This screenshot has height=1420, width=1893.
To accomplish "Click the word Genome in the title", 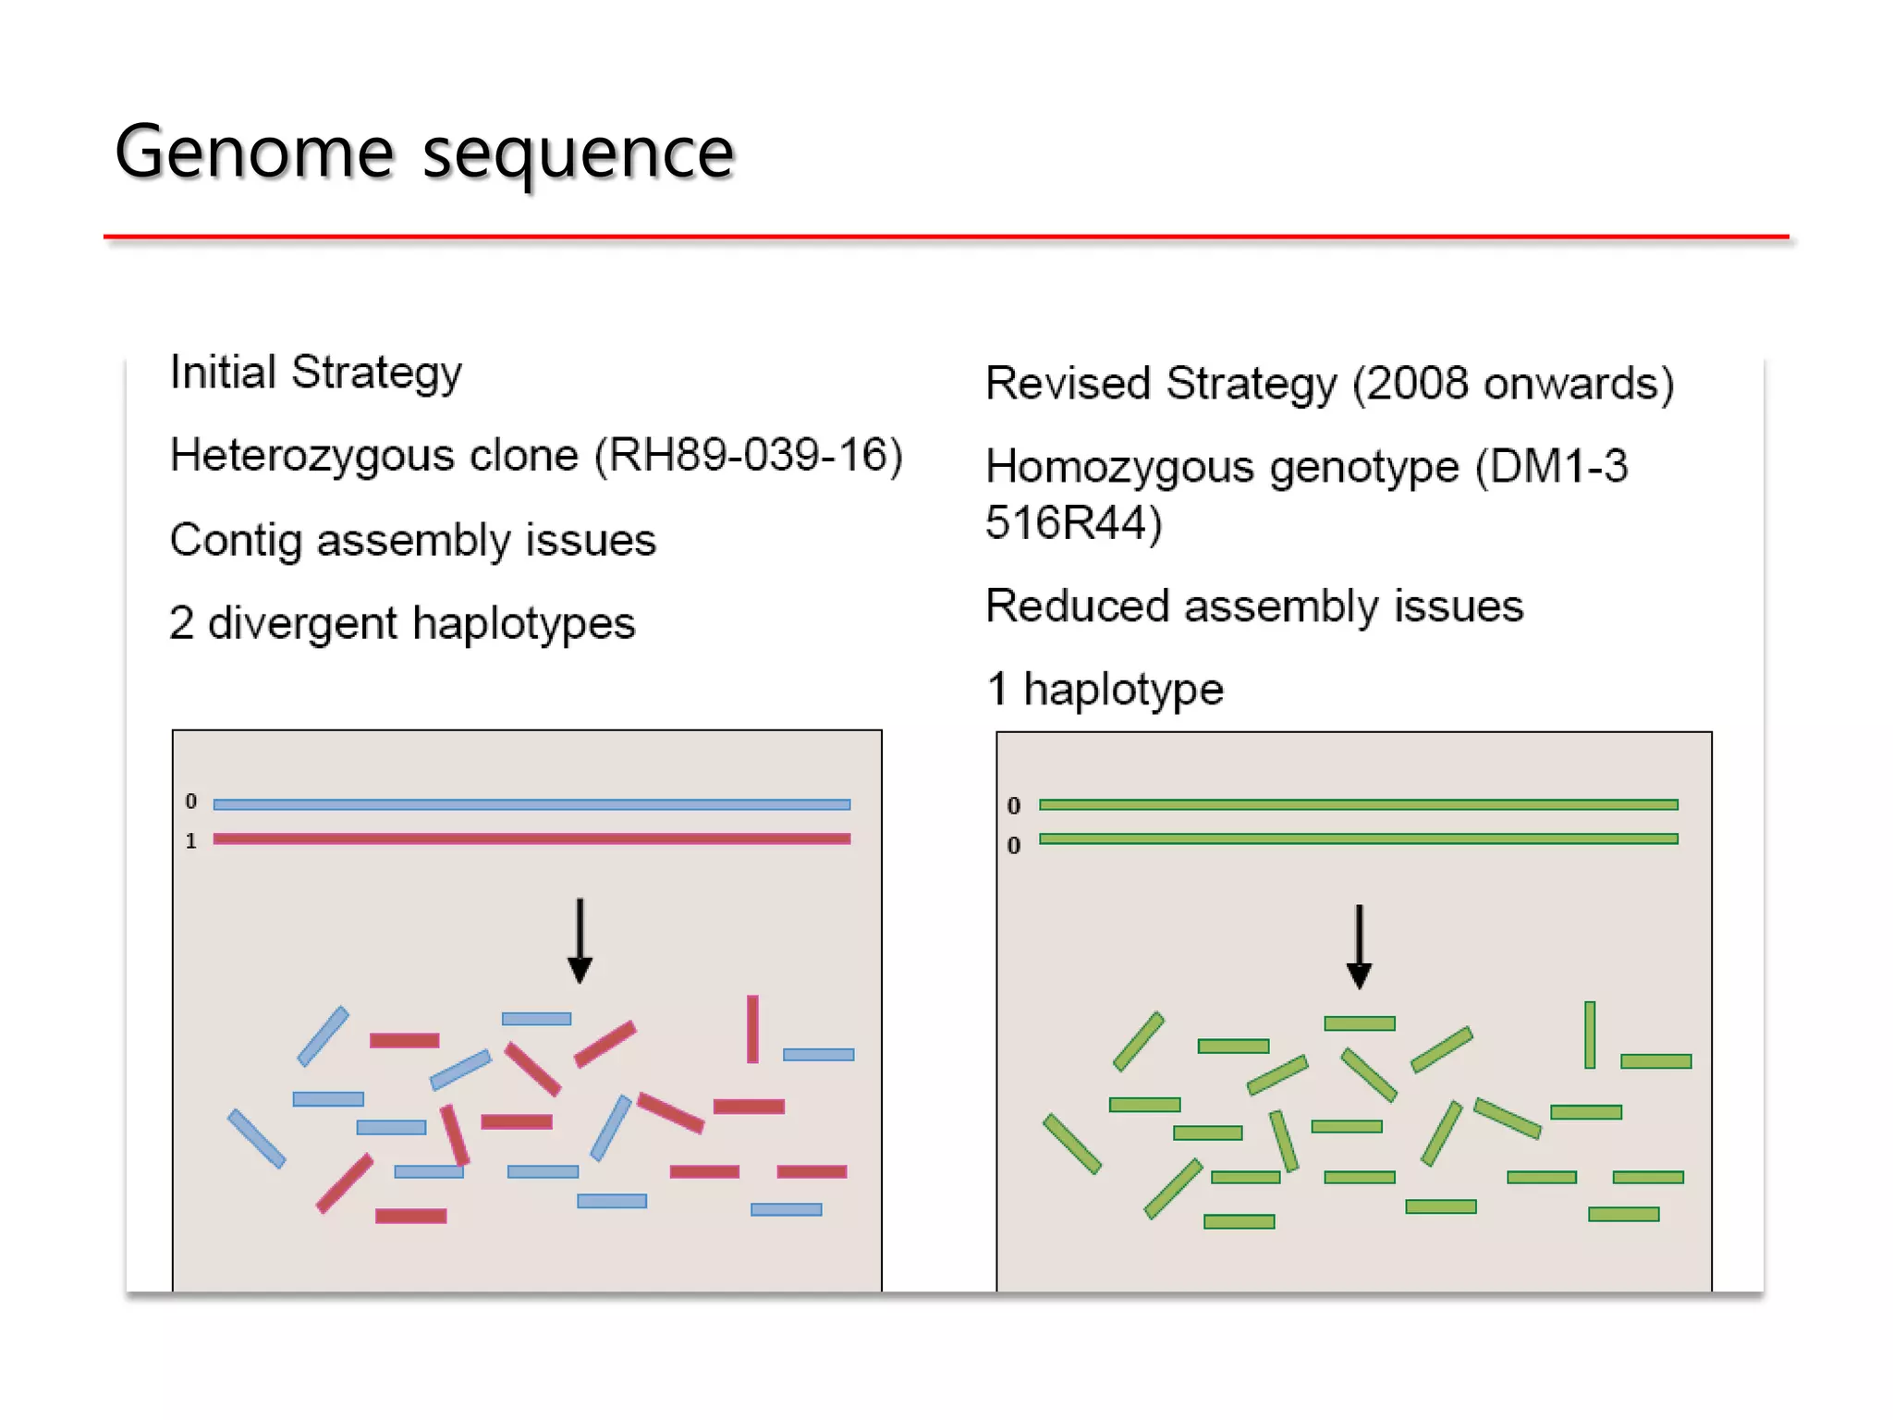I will (x=254, y=153).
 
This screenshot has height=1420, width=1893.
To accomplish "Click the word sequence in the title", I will (x=578, y=154).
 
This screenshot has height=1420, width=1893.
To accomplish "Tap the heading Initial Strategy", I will (x=315, y=373).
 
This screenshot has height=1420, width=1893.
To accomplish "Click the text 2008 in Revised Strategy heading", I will (x=1417, y=384).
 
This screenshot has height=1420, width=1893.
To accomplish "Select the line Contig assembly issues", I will (x=412, y=540).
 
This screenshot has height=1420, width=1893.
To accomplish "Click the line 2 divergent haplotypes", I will (x=402, y=623).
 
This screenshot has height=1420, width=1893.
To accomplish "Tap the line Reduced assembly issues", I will (x=1253, y=606).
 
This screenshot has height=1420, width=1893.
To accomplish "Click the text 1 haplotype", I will (x=1105, y=690).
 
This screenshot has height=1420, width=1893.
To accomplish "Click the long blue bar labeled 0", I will (x=531, y=804).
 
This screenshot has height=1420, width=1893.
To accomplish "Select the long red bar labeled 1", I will (x=531, y=839).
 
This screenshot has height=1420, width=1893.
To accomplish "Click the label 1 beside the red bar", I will (x=190, y=841).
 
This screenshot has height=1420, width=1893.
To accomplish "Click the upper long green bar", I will (x=1358, y=804).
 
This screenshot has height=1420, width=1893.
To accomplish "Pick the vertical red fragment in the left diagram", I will (x=752, y=1029).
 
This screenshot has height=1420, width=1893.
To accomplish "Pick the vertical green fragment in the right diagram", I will (x=1589, y=1034).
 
